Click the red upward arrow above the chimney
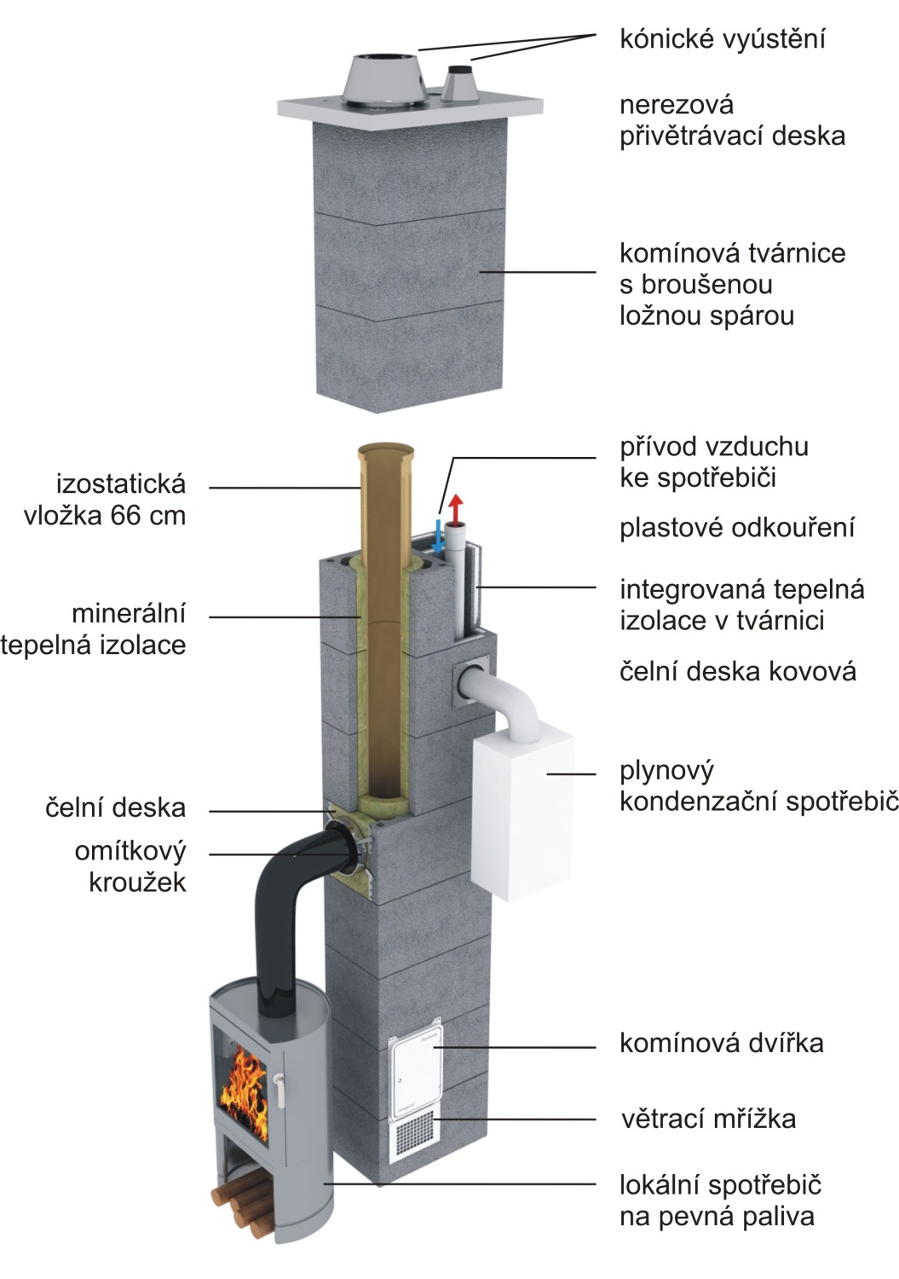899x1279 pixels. click(x=456, y=509)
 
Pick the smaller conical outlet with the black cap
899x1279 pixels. click(x=461, y=84)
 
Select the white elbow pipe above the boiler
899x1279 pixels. click(x=511, y=695)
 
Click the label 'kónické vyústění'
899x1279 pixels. click(x=722, y=39)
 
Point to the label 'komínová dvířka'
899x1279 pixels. click(x=721, y=1043)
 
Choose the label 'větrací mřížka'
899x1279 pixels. click(x=707, y=1118)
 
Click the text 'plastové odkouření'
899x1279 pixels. click(x=736, y=528)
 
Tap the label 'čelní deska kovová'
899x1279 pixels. click(x=737, y=671)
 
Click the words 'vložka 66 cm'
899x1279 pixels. click(x=105, y=515)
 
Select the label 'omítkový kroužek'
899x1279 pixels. click(x=130, y=865)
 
